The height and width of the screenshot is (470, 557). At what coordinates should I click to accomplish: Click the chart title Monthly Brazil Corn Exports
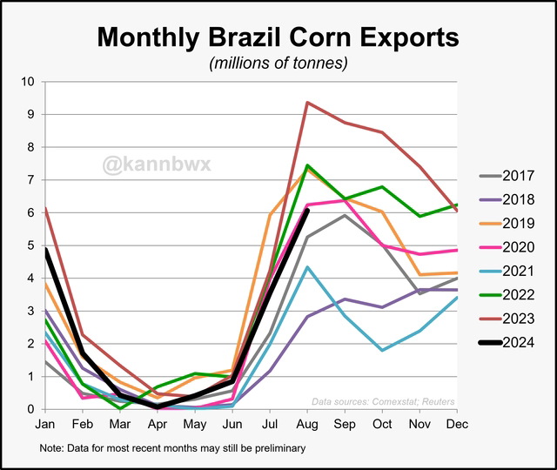coord(278,37)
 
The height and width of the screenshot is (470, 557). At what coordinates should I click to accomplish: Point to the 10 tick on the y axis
coord(27,82)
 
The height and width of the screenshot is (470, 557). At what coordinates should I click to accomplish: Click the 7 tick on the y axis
coord(30,180)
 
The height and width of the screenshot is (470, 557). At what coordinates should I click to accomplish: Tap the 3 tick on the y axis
coord(30,311)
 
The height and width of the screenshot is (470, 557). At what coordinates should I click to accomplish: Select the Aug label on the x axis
coord(307,424)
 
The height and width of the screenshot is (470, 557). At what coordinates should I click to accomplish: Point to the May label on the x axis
coord(194,424)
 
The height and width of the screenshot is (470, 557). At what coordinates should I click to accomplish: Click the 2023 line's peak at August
coord(307,103)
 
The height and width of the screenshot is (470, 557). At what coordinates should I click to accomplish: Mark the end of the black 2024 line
coord(307,211)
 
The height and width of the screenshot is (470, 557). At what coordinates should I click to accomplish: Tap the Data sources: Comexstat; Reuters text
coord(384,401)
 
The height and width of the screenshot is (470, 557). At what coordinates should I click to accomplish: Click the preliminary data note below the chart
coord(171,449)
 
